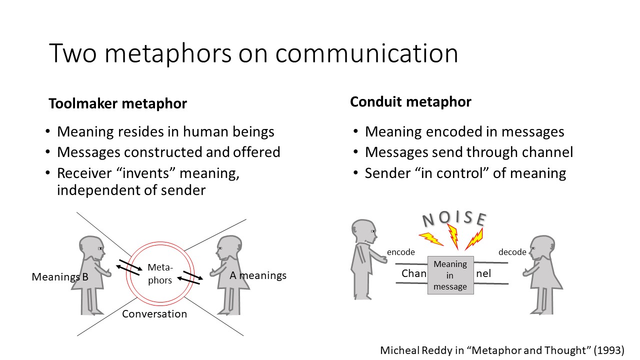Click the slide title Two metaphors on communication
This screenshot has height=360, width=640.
tap(253, 53)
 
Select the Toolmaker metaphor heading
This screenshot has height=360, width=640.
tap(117, 103)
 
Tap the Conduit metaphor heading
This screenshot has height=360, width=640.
tap(410, 102)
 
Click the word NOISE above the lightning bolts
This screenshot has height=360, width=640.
tap(454, 218)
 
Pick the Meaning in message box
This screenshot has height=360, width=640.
tap(450, 275)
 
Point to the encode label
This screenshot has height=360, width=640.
tap(401, 252)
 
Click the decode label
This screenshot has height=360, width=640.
tap(512, 252)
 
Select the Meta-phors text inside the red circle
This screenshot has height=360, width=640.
tap(160, 274)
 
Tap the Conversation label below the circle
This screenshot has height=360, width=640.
tap(154, 314)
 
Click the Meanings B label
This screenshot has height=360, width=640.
tap(60, 276)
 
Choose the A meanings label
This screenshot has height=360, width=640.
tap(258, 275)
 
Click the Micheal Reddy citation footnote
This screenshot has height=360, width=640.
tap(502, 350)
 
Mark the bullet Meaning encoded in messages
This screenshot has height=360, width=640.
tap(464, 131)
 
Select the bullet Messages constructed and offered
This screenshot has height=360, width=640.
tap(168, 152)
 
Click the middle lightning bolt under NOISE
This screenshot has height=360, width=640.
tap(453, 236)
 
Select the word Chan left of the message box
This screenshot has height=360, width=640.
tap(413, 273)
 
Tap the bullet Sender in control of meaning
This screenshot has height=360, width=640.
tap(465, 173)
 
